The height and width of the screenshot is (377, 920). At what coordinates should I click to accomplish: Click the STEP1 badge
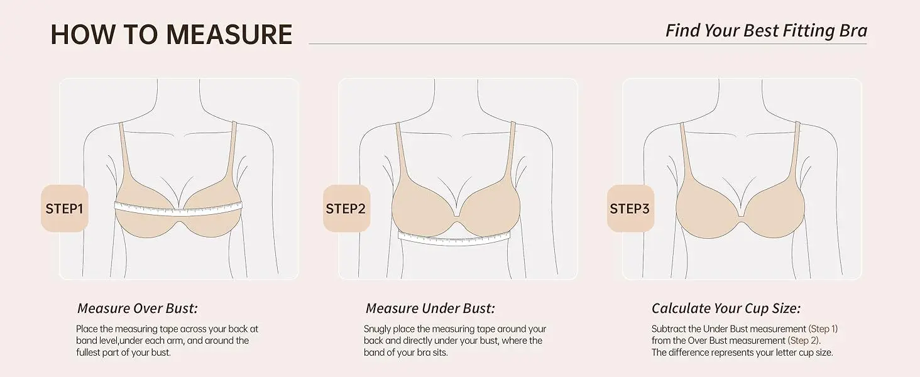coord(65,208)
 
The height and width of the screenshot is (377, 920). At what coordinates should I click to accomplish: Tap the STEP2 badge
coord(346,208)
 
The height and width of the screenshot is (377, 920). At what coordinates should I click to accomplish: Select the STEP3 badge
coord(630,208)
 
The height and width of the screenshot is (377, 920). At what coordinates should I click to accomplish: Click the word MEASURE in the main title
coord(229,34)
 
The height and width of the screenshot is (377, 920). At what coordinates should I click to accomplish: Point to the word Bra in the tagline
coord(853,31)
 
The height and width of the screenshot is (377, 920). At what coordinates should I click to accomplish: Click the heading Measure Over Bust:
coord(138,308)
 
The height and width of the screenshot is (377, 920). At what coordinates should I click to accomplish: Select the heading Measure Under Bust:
coord(430,308)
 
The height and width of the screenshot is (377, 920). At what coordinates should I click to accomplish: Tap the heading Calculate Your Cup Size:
coord(726,308)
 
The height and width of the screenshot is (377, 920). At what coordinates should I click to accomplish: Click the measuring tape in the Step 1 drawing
coord(178,209)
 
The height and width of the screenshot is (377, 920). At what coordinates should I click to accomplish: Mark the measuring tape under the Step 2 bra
coord(454,239)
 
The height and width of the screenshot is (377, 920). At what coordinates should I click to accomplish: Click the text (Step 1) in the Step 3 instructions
coord(823,329)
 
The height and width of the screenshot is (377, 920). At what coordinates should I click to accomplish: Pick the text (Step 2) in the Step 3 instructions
coord(804,341)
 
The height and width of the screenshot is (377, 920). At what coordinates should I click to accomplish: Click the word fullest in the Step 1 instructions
coord(89,352)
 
